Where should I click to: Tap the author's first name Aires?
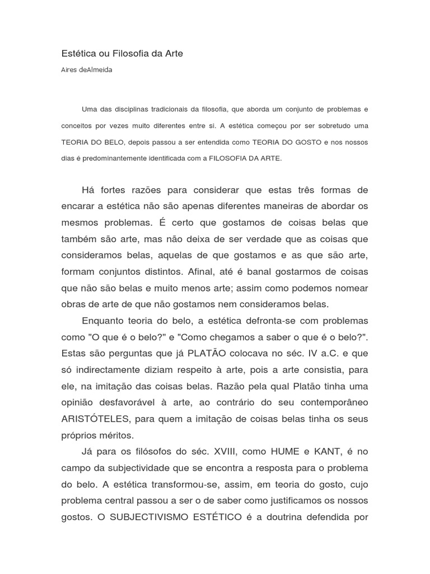coord(70,71)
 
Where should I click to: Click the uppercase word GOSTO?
coord(306,142)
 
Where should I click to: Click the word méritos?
coord(114,435)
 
